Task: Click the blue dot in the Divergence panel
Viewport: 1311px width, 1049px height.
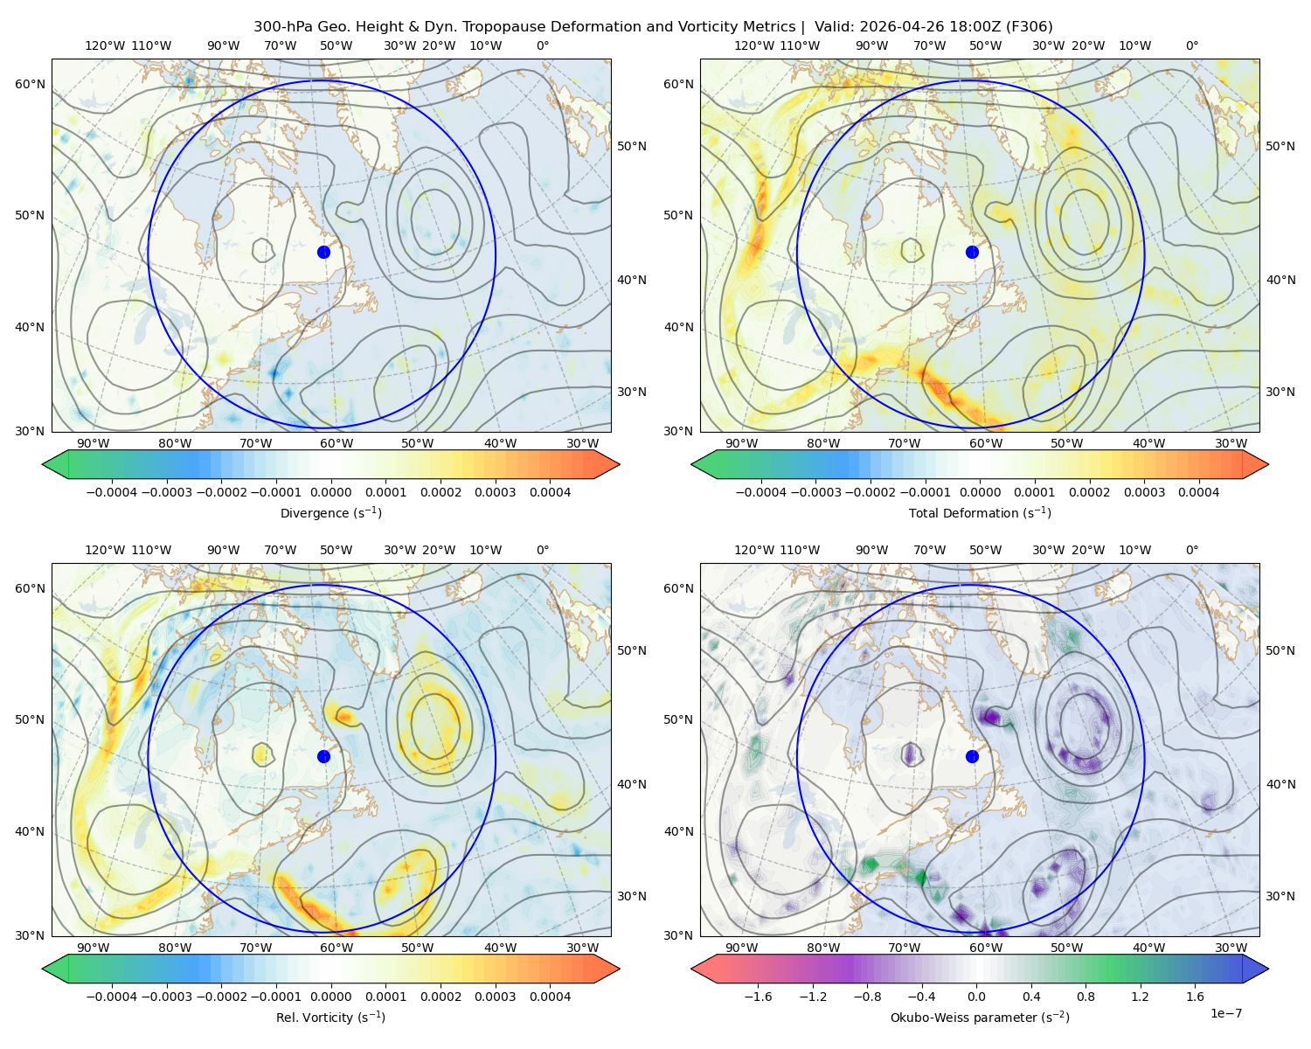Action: coord(323,252)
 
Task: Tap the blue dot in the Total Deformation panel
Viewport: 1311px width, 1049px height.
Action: coord(972,252)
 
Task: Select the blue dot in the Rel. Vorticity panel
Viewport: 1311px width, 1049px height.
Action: coord(323,756)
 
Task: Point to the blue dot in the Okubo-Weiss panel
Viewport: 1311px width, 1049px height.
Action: coord(972,756)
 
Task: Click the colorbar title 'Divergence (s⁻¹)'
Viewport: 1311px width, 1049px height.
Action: coord(330,512)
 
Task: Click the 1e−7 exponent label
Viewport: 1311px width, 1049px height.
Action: coord(1225,1013)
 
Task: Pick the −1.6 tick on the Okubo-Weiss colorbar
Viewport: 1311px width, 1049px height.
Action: coord(758,997)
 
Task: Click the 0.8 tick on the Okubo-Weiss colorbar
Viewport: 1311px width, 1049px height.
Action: coord(1086,997)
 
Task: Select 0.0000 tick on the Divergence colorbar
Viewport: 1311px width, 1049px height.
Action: coord(330,492)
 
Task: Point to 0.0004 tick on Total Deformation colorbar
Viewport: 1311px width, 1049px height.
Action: coord(1198,492)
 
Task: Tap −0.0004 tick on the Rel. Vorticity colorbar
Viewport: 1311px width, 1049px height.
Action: coord(112,997)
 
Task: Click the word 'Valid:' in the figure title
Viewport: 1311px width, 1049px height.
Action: coord(835,27)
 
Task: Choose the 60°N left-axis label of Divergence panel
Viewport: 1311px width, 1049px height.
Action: coord(30,84)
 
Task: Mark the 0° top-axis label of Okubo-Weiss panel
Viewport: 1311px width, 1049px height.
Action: coord(1191,550)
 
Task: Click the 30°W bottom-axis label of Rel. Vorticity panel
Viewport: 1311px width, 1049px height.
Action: coord(582,948)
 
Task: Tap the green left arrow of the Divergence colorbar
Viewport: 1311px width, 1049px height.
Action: coord(56,464)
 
